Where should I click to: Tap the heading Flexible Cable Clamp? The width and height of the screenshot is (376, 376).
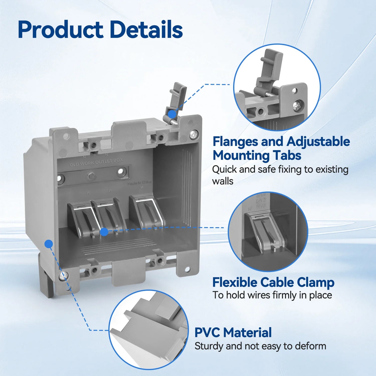coord(273,283)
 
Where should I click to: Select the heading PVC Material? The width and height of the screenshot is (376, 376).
coord(233,333)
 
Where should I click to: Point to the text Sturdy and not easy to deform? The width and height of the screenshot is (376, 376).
coord(260,346)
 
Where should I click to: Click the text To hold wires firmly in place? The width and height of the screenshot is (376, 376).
coord(272,295)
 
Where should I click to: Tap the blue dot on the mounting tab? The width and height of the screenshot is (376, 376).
coord(172,114)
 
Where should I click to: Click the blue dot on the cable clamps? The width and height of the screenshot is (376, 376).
coord(104,232)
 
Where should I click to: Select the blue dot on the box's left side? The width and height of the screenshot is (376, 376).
coord(49,243)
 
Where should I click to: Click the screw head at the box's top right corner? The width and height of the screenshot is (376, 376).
coord(194,135)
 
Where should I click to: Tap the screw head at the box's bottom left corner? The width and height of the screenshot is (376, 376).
coord(63,276)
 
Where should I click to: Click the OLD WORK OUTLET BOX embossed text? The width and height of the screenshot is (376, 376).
coord(96,162)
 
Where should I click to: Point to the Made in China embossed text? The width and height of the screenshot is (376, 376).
coord(139,183)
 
